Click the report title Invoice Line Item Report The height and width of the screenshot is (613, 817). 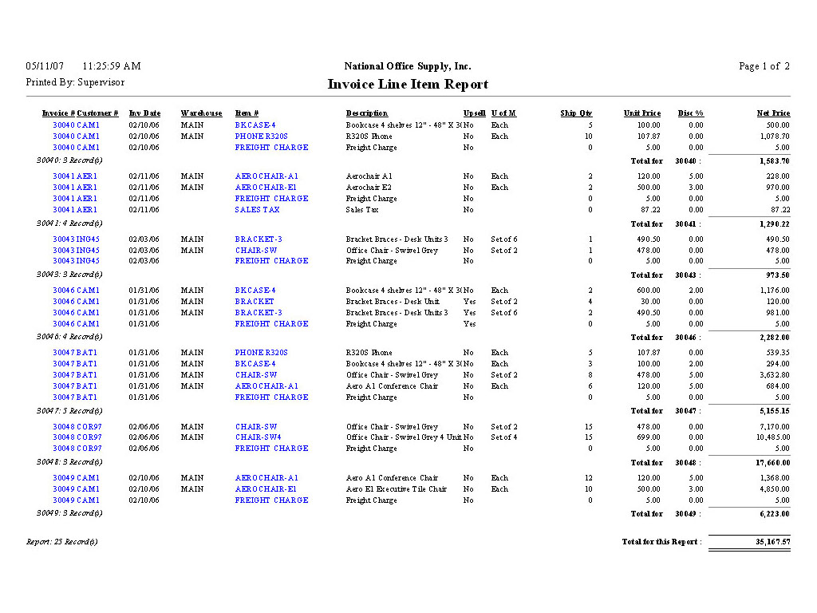click(x=408, y=85)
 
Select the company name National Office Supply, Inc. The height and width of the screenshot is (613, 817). click(x=408, y=66)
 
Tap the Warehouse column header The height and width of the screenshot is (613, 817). click(x=201, y=113)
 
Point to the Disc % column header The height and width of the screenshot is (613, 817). click(x=690, y=113)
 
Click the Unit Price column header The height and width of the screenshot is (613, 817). click(x=641, y=113)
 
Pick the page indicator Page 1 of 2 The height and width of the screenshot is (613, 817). click(x=764, y=66)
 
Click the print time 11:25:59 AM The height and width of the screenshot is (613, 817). click(x=112, y=66)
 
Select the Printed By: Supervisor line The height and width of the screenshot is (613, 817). click(x=75, y=82)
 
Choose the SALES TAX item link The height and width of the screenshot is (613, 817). click(x=258, y=210)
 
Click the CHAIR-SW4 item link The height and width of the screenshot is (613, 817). click(x=258, y=437)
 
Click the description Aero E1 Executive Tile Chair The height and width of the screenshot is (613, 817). click(x=396, y=489)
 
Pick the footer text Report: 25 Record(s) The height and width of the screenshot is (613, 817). click(x=61, y=542)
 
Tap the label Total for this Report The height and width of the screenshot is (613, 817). click(x=661, y=542)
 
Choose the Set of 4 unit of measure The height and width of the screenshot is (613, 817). click(x=504, y=437)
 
